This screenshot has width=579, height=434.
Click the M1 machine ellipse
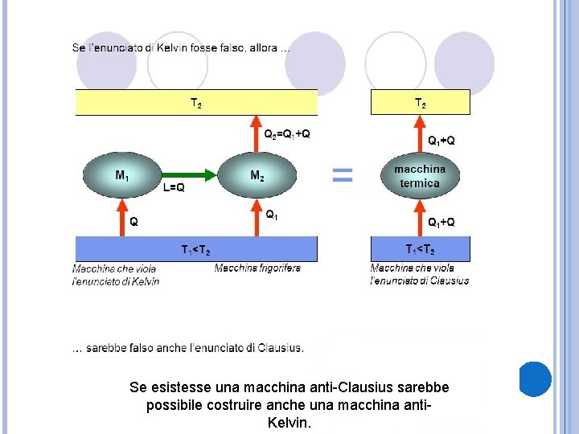tap(121, 176)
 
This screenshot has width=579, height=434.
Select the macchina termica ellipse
tap(420, 177)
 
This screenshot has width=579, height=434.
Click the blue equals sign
tap(343, 174)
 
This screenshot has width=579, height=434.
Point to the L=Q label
tap(174, 188)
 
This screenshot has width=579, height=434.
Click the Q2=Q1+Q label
tap(287, 134)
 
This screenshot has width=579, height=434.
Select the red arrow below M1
tap(122, 217)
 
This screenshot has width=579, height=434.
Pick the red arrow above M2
tap(257, 134)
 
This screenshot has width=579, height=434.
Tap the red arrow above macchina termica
tap(420, 135)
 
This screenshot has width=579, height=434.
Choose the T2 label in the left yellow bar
tap(196, 103)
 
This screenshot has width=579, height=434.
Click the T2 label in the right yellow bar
tap(421, 103)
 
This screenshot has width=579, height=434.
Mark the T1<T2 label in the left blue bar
tap(196, 249)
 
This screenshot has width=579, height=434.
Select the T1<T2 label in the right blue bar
tap(421, 249)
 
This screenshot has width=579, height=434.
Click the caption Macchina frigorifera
tap(257, 268)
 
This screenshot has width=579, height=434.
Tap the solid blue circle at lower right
tap(535, 379)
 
